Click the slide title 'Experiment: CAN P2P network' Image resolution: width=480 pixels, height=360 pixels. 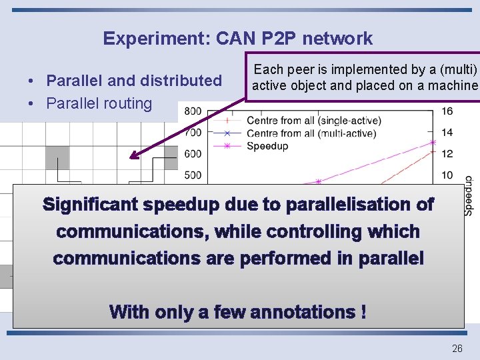(x=237, y=39)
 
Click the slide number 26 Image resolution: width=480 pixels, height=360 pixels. (x=457, y=348)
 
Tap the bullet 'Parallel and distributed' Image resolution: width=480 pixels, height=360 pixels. (x=133, y=81)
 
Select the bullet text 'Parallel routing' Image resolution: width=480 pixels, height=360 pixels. (x=99, y=103)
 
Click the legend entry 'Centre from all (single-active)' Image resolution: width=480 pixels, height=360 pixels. (x=313, y=121)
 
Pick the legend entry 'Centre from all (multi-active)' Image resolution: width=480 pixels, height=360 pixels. (x=311, y=133)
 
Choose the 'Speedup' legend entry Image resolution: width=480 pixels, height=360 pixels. (x=267, y=146)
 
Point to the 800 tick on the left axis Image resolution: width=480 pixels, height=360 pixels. (x=193, y=111)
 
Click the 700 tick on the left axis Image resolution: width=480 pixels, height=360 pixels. (x=193, y=133)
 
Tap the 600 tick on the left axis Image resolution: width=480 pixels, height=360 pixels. (x=193, y=154)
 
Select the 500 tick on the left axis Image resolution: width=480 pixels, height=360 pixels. (x=193, y=175)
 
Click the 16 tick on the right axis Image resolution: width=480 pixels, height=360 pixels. (x=447, y=111)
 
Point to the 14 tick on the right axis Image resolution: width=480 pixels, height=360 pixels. (x=447, y=133)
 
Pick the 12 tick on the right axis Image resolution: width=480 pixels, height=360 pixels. (x=447, y=154)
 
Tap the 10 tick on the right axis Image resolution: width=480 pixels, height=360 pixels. (x=447, y=175)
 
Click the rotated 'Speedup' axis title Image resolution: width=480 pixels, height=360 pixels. (x=469, y=195)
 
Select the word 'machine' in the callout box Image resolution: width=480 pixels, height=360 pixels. (x=453, y=85)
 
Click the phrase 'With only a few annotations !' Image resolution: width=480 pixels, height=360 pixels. (x=237, y=311)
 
